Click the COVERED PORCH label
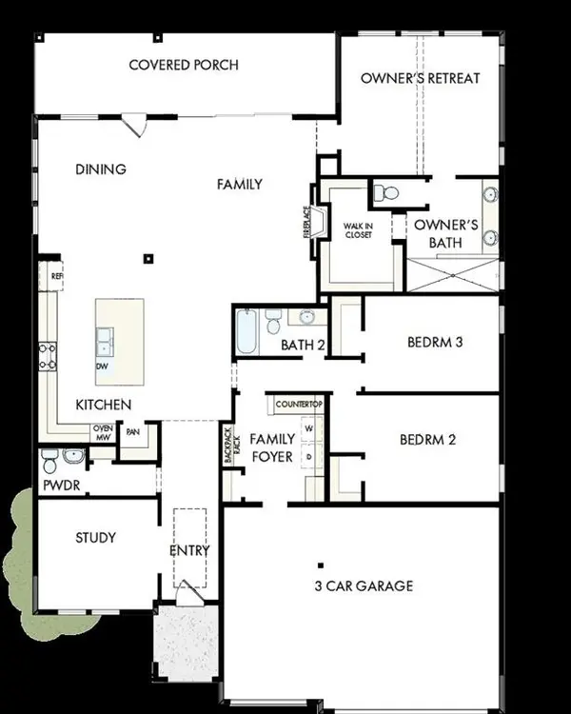(x=184, y=66)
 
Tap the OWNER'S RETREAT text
(x=420, y=78)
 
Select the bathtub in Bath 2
(x=246, y=331)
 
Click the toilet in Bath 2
(x=273, y=322)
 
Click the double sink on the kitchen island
(x=104, y=337)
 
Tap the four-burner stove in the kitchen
(x=45, y=355)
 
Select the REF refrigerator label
(x=56, y=276)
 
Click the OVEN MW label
(x=102, y=433)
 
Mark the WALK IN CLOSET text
(x=358, y=231)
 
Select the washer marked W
(x=308, y=429)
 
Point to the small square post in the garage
(x=321, y=565)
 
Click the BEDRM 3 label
(x=434, y=342)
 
